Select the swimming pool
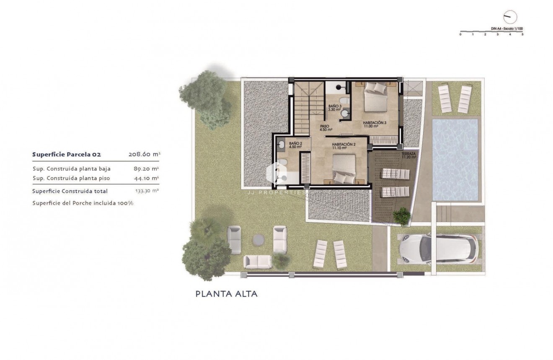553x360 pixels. [455, 159]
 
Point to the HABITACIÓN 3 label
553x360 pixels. [374, 124]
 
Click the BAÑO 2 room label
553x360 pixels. [295, 145]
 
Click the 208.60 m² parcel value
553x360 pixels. [144, 155]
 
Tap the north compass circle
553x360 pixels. [510, 17]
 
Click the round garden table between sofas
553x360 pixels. [258, 239]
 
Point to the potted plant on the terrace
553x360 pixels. [402, 216]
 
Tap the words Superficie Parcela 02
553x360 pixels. [67, 155]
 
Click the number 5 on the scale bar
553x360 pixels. [522, 34]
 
